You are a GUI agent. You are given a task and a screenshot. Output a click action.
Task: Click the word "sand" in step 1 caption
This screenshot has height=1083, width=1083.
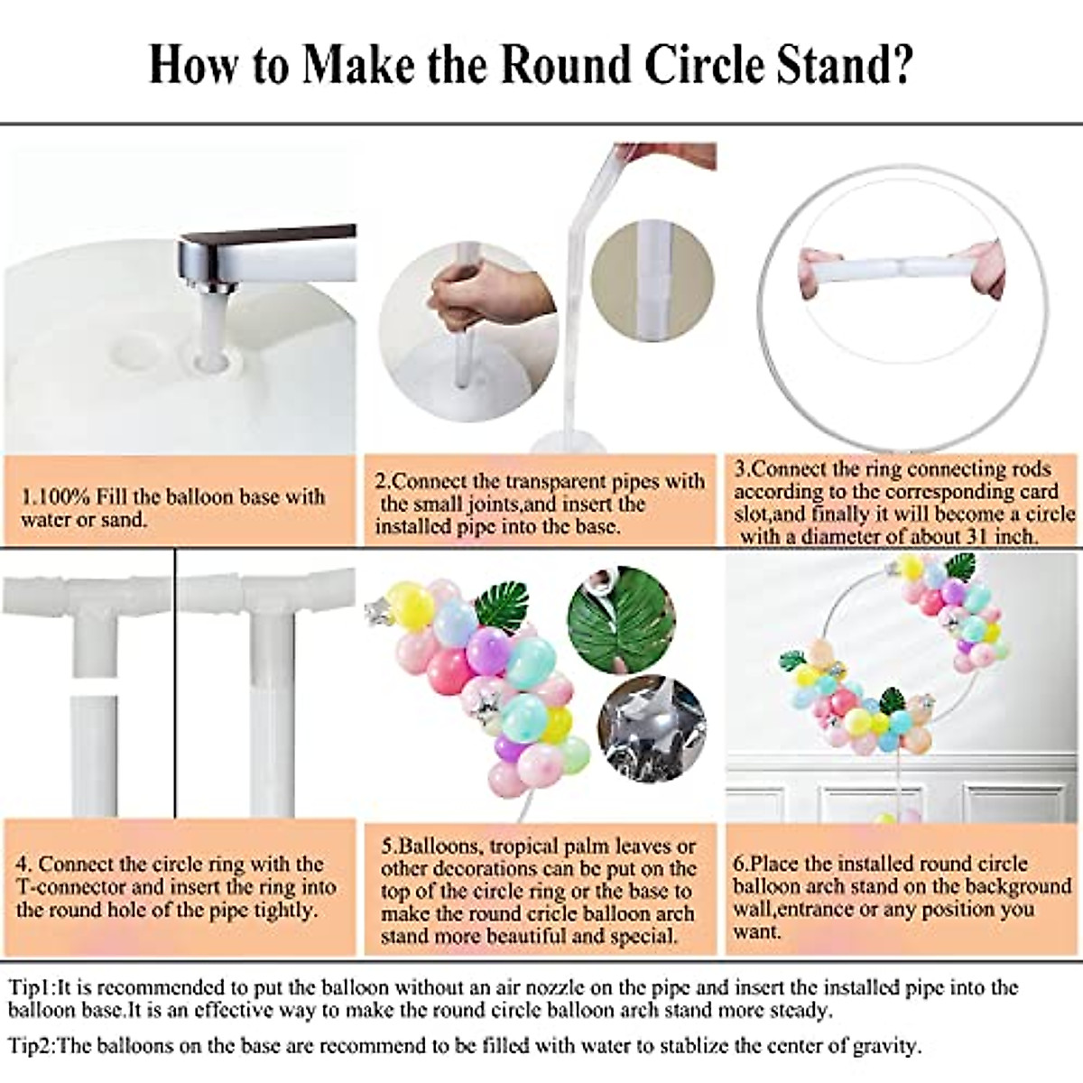(124, 520)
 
